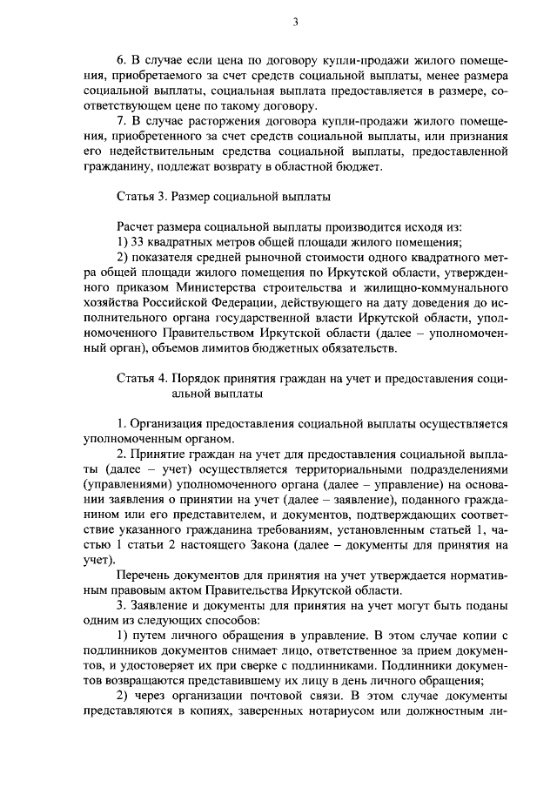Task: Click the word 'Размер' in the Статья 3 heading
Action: pyautogui.click(x=197, y=198)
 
